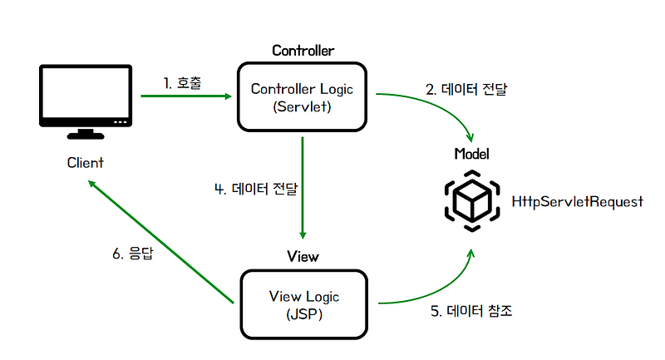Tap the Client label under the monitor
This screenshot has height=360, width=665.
[85, 163]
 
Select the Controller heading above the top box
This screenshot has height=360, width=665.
[303, 51]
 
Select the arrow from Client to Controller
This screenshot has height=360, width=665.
[186, 96]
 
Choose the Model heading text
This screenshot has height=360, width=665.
[472, 154]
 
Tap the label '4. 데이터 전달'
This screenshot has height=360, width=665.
[256, 188]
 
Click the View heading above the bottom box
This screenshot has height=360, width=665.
[303, 256]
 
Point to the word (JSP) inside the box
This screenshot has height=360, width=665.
[303, 315]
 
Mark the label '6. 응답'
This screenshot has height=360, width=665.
[135, 253]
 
